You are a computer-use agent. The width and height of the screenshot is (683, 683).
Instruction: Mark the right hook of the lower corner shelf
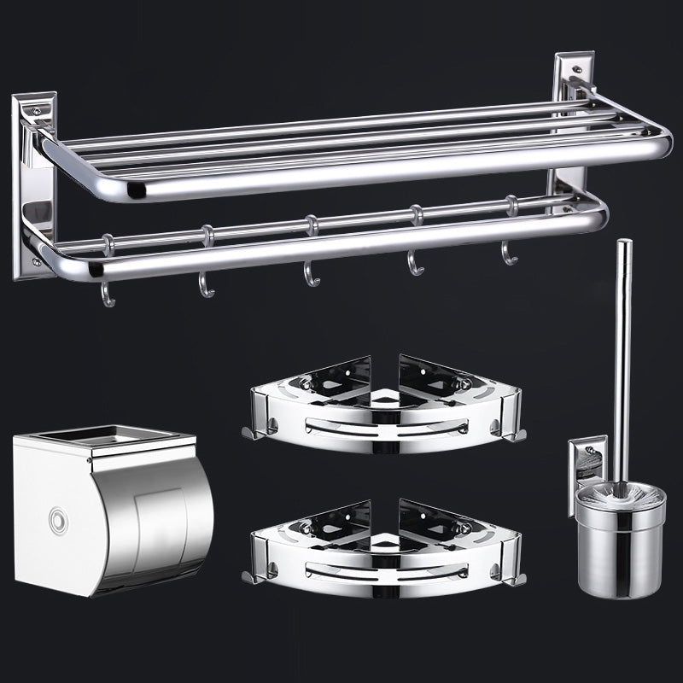(x=517, y=579)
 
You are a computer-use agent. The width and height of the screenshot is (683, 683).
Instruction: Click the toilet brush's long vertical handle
(x=623, y=359)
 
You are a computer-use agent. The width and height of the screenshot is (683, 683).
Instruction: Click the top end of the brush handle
(x=625, y=245)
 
